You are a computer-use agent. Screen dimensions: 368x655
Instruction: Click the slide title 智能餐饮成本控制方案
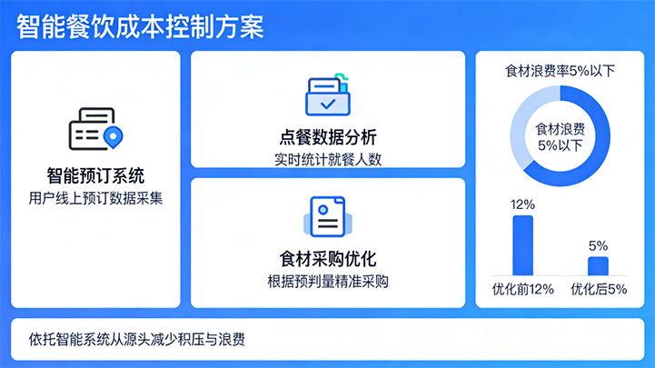point(140,25)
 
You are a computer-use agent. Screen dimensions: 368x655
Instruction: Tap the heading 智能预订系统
point(95,174)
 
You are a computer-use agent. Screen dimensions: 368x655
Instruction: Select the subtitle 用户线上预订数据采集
point(95,197)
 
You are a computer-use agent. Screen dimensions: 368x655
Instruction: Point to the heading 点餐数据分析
point(327,138)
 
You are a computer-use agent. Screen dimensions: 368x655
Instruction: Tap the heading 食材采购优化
point(327,258)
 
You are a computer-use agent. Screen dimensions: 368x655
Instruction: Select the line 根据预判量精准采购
point(327,281)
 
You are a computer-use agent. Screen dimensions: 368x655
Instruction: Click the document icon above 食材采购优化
point(327,217)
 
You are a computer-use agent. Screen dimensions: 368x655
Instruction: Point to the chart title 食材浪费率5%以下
point(561,71)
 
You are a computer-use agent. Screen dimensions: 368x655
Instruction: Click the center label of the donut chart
point(561,136)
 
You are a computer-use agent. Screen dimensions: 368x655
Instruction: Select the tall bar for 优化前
point(522,245)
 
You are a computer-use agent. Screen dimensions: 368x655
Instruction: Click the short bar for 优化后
point(598,265)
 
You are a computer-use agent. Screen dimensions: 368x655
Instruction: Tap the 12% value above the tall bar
point(522,204)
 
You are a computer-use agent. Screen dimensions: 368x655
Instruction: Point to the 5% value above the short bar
point(598,245)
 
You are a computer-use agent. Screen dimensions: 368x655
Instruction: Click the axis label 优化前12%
point(522,290)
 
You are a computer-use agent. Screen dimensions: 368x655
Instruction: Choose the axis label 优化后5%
point(598,290)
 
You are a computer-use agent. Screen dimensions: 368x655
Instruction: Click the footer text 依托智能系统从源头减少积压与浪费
point(136,341)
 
